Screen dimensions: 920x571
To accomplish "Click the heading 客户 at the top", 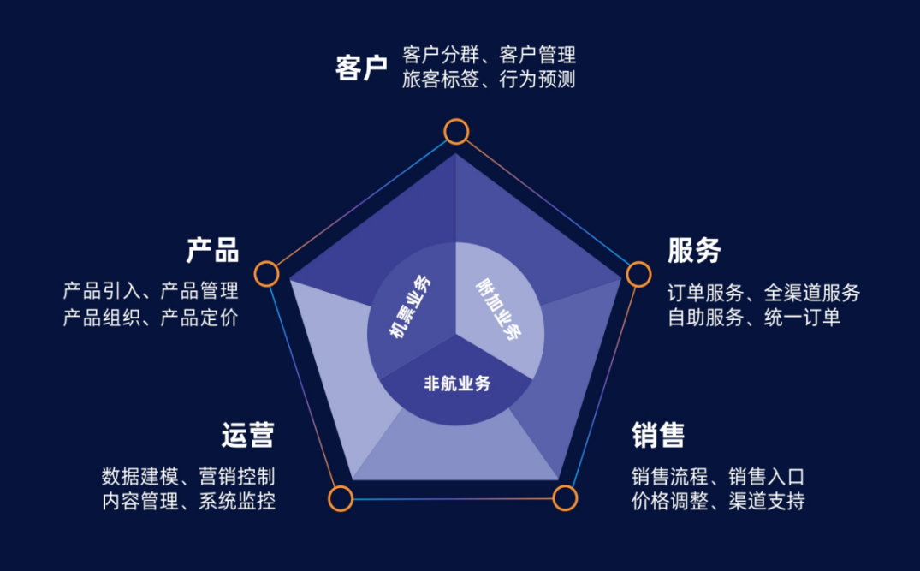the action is click(x=361, y=68).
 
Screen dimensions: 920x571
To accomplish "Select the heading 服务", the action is click(x=694, y=251).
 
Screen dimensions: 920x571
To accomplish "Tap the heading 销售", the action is click(x=658, y=435).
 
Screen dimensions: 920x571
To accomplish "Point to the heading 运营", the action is click(x=248, y=435).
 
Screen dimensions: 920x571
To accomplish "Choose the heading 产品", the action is click(x=212, y=251).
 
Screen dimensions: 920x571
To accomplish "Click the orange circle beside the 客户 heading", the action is click(x=456, y=132).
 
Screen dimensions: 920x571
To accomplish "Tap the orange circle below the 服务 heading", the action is click(x=638, y=274).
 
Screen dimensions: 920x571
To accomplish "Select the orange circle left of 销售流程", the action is click(x=564, y=498).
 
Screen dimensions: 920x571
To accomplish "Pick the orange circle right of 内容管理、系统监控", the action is click(x=341, y=498).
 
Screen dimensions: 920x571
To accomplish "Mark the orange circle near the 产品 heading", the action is click(x=267, y=274).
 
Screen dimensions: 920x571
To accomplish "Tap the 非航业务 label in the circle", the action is click(x=457, y=384).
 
